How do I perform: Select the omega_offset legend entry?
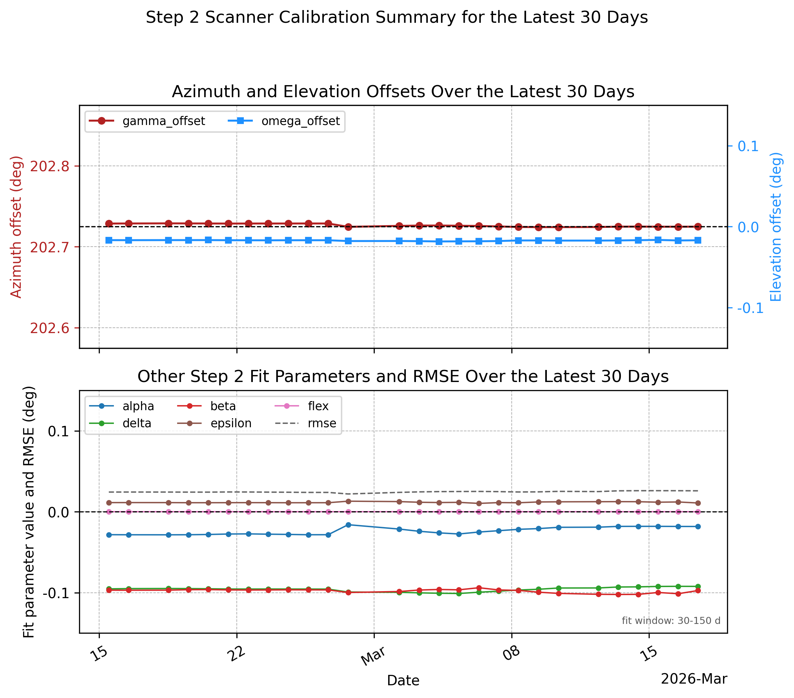pyautogui.click(x=284, y=121)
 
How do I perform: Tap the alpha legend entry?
pyautogui.click(x=122, y=406)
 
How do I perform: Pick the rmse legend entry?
pyautogui.click(x=306, y=423)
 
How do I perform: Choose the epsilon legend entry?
pyautogui.click(x=214, y=423)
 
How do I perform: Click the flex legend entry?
pyautogui.click(x=302, y=406)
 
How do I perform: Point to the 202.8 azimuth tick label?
pyautogui.click(x=50, y=166)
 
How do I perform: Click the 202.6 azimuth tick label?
pyautogui.click(x=50, y=328)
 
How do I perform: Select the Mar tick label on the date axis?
pyautogui.click(x=373, y=656)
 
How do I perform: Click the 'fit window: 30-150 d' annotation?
pyautogui.click(x=671, y=621)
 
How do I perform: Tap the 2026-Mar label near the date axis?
pyautogui.click(x=694, y=679)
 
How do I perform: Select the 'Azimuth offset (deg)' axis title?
pyautogui.click(x=16, y=227)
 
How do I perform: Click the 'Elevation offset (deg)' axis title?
pyautogui.click(x=776, y=227)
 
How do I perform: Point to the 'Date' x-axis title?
pyautogui.click(x=403, y=681)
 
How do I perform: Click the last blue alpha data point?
pyautogui.click(x=698, y=527)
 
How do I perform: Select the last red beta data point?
pyautogui.click(x=698, y=591)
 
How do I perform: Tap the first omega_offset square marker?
pyautogui.click(x=109, y=240)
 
